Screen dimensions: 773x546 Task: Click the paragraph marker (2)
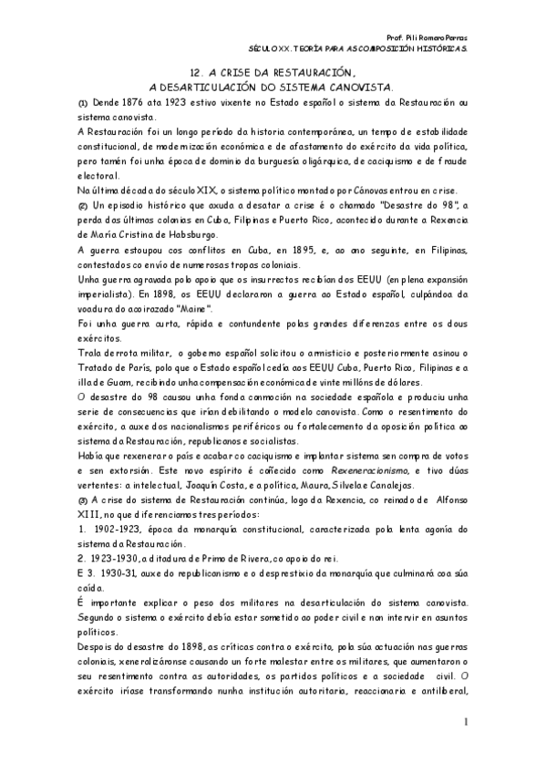click(x=82, y=207)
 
